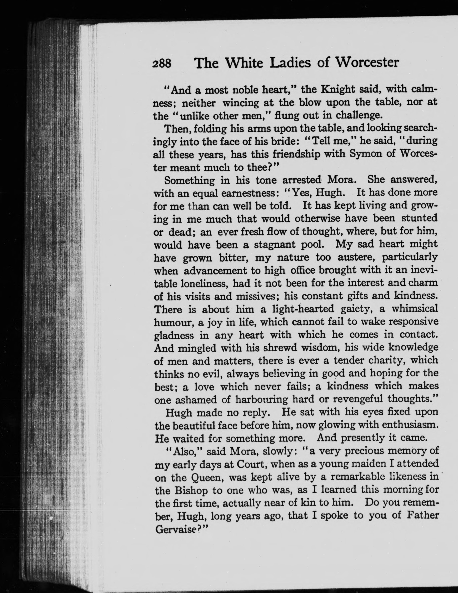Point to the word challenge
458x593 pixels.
coord(359,116)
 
